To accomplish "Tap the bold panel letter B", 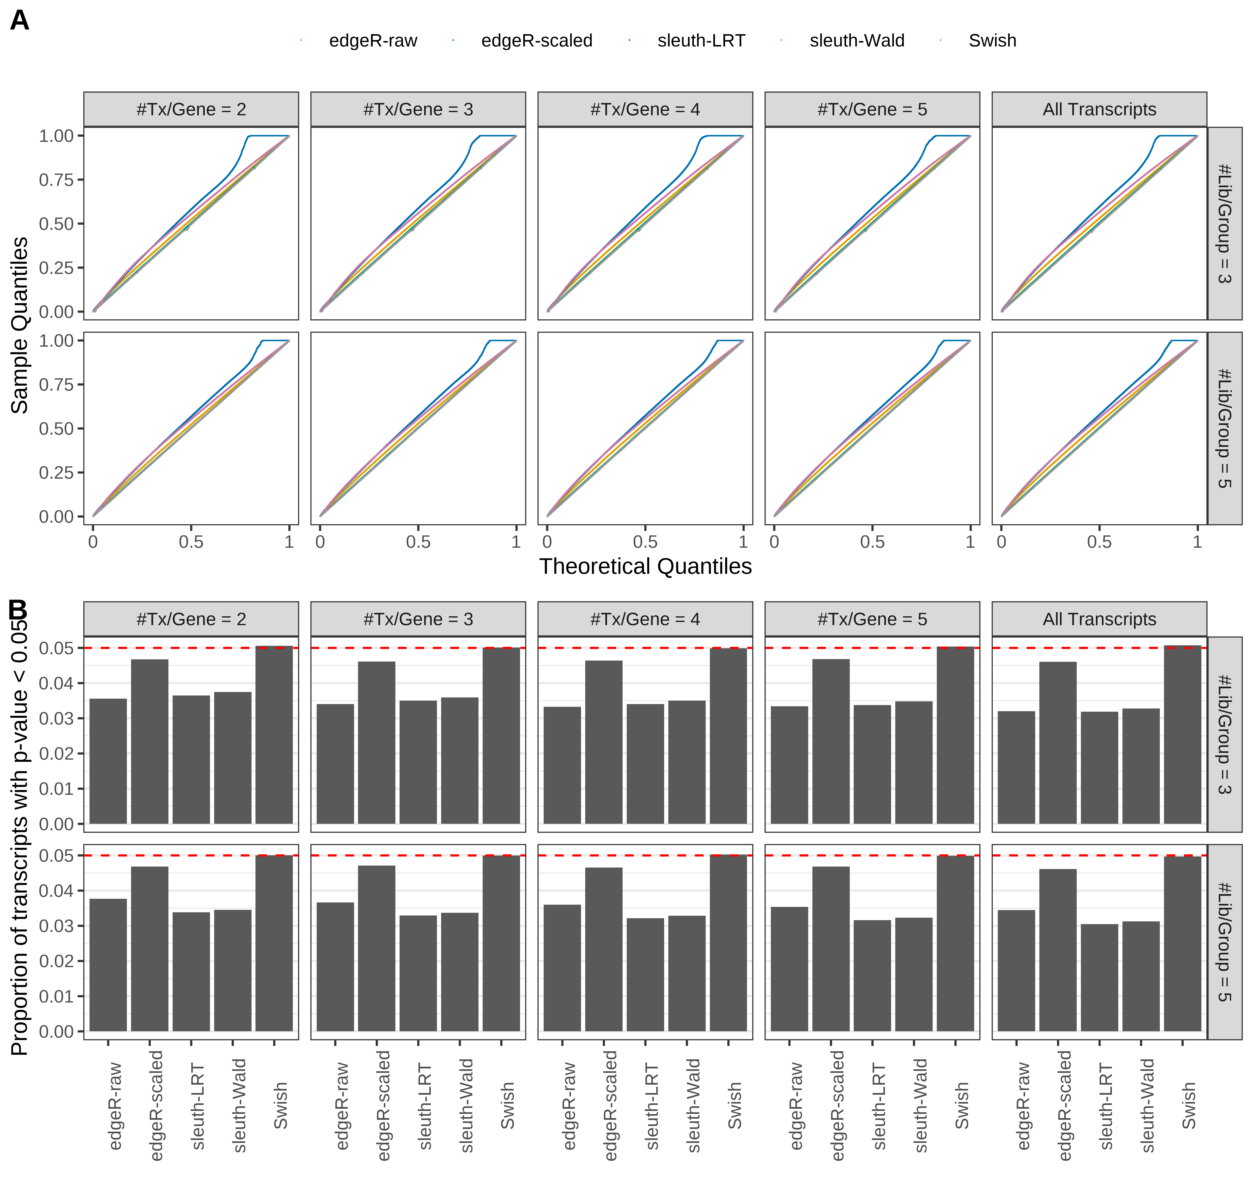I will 18,610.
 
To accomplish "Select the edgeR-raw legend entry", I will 373,41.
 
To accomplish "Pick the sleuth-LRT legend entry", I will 701,41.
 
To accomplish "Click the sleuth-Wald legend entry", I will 857,41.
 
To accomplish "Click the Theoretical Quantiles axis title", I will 645,566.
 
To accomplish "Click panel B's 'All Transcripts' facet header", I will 1099,619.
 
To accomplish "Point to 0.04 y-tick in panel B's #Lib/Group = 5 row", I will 57,890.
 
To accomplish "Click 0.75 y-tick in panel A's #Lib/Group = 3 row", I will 57,180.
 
